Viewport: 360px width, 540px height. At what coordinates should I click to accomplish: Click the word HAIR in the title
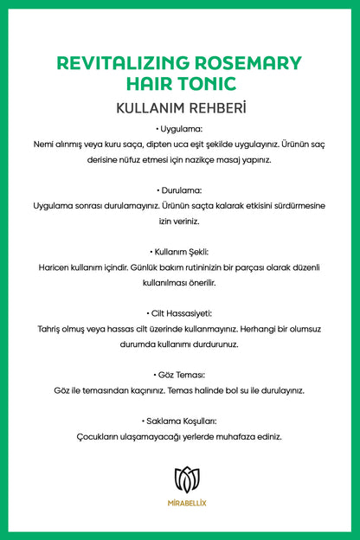(x=149, y=84)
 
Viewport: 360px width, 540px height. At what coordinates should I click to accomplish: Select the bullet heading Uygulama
(x=180, y=129)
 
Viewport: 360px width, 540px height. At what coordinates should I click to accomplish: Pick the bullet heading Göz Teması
(x=180, y=375)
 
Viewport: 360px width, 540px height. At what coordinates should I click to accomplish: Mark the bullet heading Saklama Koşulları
(x=180, y=421)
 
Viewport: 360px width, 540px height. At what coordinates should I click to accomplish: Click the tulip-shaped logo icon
(x=180, y=478)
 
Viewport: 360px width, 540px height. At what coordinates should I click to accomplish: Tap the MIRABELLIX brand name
(x=180, y=501)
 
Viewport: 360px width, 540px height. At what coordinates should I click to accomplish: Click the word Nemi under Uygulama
(x=43, y=145)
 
